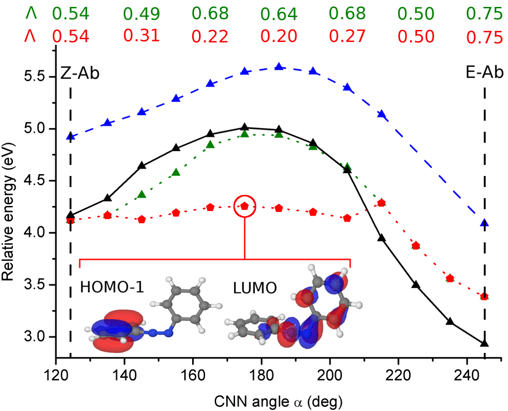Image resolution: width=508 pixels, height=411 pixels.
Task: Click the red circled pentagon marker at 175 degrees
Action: [245, 206]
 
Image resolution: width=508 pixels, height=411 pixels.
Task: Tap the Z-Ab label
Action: [80, 74]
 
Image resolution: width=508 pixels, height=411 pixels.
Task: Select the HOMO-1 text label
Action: [112, 287]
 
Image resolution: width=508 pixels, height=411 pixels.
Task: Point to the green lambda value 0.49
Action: [142, 14]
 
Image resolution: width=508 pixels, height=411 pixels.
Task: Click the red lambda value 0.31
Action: [142, 36]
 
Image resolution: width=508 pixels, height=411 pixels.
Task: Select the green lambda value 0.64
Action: [278, 15]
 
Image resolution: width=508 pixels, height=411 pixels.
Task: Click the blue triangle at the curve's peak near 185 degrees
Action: [279, 66]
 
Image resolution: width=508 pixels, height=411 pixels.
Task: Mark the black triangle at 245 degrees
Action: [484, 343]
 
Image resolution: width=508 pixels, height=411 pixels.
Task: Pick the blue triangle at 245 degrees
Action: [484, 223]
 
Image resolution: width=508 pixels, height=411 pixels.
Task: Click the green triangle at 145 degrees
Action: [142, 194]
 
